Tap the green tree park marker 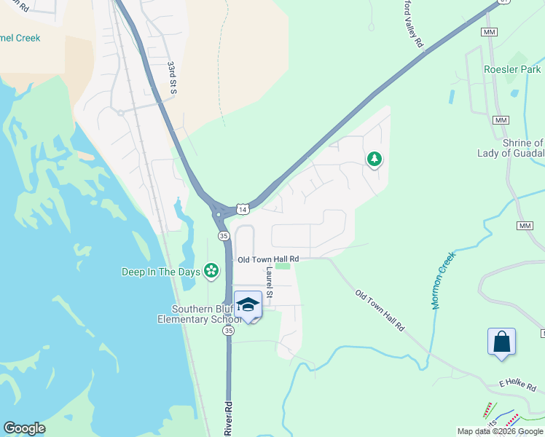point(374,159)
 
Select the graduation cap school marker point(248,304)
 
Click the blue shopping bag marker point(501,342)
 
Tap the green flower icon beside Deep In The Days point(211,272)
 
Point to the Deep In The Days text point(160,272)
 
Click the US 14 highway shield point(243,209)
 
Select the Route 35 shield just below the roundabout point(224,236)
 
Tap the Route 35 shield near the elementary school point(229,331)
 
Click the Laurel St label point(269,282)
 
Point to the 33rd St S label point(173,78)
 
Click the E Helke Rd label point(518,383)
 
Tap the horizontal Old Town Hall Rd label point(268,259)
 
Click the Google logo point(24,428)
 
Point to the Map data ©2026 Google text point(500,431)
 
